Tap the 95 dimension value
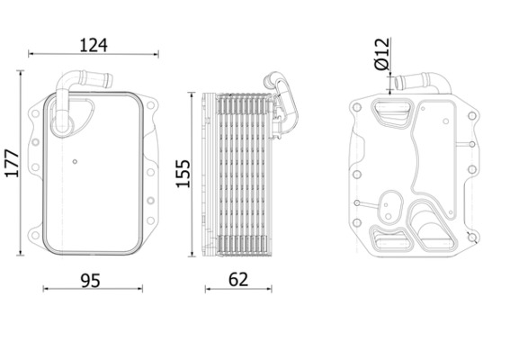(x=89, y=280)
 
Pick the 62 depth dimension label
(x=238, y=280)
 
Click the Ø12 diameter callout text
(x=381, y=53)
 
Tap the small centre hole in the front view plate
(x=75, y=163)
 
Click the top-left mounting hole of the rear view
(x=359, y=108)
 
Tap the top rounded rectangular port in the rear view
(x=392, y=114)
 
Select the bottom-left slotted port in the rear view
(x=389, y=242)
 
